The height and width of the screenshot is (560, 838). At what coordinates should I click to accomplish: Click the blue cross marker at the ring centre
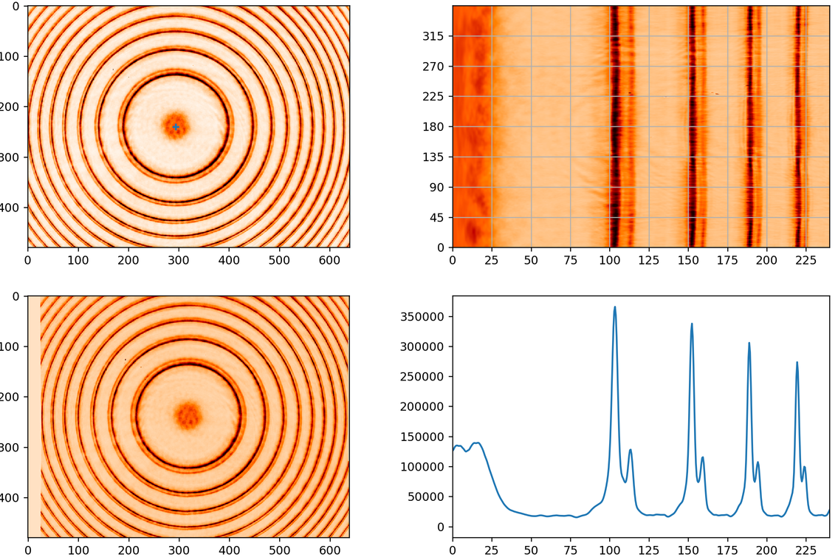pos(176,126)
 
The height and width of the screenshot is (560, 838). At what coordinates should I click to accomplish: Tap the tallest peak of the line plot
pos(614,307)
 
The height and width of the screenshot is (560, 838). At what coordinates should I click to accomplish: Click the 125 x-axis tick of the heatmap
pos(649,261)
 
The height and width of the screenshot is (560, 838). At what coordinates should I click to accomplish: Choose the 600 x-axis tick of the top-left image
pos(329,261)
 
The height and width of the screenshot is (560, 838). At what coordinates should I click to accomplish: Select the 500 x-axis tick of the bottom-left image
pos(279,550)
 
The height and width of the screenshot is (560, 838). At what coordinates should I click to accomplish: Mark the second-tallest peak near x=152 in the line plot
pos(692,323)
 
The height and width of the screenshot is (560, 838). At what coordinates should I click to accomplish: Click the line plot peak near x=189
pos(749,343)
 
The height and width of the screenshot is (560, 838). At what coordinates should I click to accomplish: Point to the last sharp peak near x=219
pos(797,362)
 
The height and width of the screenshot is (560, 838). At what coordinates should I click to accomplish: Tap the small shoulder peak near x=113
pos(631,449)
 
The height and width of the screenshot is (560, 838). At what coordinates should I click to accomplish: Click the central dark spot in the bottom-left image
pos(188,415)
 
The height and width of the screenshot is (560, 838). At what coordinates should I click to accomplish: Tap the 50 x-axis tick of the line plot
pos(531,550)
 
